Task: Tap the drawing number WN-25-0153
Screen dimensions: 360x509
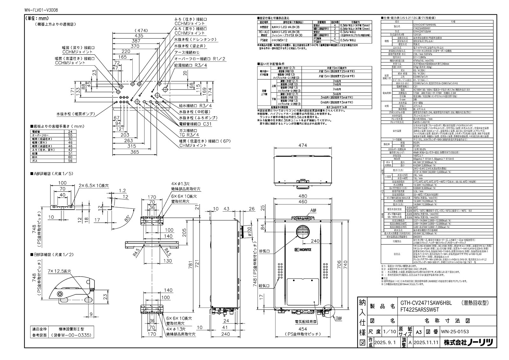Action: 455,331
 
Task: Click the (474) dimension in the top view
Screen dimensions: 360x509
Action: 141,31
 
